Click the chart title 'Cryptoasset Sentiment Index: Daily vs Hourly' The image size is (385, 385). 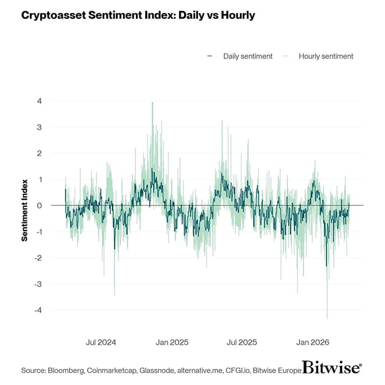click(138, 15)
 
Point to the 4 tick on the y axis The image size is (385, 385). click(40, 101)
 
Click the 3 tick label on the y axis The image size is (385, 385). click(40, 127)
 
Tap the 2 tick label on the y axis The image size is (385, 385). click(40, 153)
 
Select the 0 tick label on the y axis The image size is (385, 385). click(40, 205)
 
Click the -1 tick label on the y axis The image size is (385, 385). click(38, 232)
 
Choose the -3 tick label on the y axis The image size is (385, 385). click(38, 284)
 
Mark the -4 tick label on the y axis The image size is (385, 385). click(38, 310)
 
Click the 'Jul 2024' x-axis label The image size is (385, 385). click(101, 343)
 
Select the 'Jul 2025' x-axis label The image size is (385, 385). click(242, 343)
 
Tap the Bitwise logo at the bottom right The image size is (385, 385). click(332, 368)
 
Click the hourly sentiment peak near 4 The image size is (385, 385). click(152, 103)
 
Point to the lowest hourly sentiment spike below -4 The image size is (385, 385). click(327, 317)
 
